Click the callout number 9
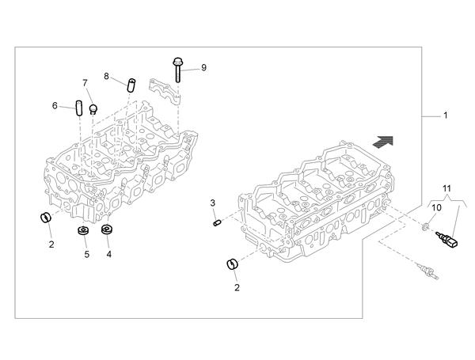(203, 67)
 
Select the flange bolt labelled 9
(178, 70)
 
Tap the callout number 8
(106, 76)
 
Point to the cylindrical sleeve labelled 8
(131, 85)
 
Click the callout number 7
(85, 82)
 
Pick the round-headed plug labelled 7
(93, 109)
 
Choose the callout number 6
(55, 106)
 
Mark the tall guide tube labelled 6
(78, 108)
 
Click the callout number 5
(87, 255)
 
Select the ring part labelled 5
(83, 230)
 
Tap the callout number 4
(108, 254)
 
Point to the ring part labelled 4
(106, 229)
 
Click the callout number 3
(213, 203)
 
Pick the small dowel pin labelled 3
(217, 223)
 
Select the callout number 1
(445, 116)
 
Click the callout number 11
(446, 188)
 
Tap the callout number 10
(436, 208)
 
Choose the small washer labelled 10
(425, 225)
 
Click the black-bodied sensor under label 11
(446, 239)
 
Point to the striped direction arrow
(383, 142)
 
